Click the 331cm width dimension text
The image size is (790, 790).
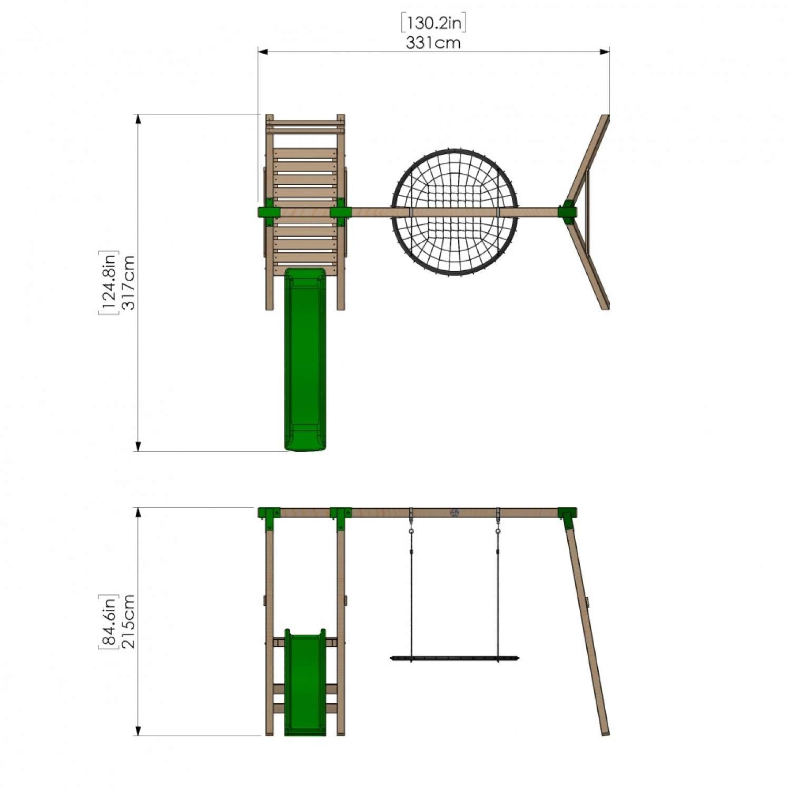[x=433, y=43]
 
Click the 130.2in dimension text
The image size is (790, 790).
[x=433, y=23]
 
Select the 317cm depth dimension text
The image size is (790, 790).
[x=129, y=282]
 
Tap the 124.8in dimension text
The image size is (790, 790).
[x=108, y=282]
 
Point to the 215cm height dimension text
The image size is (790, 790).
[x=129, y=621]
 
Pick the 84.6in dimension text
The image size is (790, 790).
[x=108, y=621]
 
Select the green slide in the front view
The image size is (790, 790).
[x=305, y=685]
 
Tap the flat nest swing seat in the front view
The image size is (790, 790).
[x=454, y=658]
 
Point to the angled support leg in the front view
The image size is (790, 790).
[x=587, y=632]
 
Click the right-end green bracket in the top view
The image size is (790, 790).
[x=567, y=212]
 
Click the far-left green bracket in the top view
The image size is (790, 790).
[x=268, y=212]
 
